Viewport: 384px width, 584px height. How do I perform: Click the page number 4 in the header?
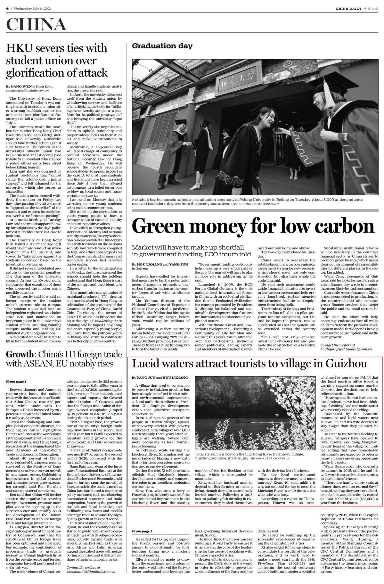pos(7,8)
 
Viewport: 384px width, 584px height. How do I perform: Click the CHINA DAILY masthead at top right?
pos(348,9)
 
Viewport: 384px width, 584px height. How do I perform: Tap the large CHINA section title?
pos(36,25)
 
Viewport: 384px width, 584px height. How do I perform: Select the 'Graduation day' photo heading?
pos(162,46)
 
